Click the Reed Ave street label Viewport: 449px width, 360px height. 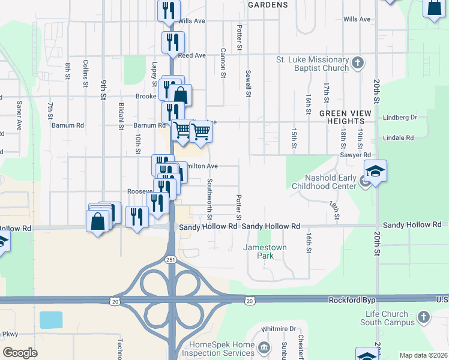191,56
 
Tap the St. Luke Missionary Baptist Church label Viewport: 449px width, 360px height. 312,64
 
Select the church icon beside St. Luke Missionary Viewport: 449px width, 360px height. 358,62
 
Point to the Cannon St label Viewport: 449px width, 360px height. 223,64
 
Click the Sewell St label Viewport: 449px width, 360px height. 247,83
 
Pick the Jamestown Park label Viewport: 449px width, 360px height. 265,251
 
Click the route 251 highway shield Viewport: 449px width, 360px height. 171,259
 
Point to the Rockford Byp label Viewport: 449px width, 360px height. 351,299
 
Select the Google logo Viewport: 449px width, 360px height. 20,353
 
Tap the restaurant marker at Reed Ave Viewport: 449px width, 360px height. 172,42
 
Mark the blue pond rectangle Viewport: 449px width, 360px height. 51,319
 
